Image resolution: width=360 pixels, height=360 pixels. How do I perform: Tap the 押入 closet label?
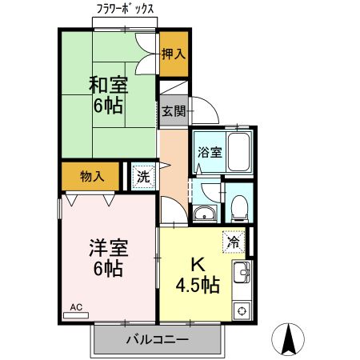[173, 54]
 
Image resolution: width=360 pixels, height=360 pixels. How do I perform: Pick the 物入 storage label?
[93, 175]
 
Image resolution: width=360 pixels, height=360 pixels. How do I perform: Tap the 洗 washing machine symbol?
[142, 176]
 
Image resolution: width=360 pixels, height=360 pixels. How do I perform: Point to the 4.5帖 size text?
[199, 286]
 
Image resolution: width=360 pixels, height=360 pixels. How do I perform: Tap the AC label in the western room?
[77, 306]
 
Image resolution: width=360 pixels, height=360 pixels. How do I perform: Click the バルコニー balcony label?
[157, 340]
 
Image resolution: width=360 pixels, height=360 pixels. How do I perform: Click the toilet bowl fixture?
[237, 209]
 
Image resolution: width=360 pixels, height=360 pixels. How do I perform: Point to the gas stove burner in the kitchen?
[240, 310]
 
